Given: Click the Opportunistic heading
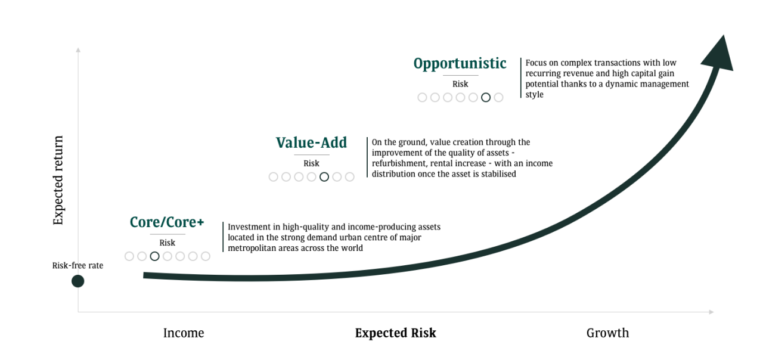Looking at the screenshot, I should pyautogui.click(x=460, y=64).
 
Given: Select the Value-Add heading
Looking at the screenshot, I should pyautogui.click(x=311, y=143).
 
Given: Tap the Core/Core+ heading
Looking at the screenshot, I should pyautogui.click(x=167, y=222).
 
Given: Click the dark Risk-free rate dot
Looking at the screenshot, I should pyautogui.click(x=78, y=281).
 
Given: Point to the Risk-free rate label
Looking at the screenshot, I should pyautogui.click(x=77, y=265).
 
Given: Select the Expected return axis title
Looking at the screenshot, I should pyautogui.click(x=58, y=181).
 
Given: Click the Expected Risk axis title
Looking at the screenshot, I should pyautogui.click(x=395, y=333).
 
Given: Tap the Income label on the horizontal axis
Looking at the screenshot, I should pyautogui.click(x=184, y=333).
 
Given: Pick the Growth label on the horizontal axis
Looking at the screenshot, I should pyautogui.click(x=607, y=333).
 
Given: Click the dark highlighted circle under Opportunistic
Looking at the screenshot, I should pyautogui.click(x=486, y=97).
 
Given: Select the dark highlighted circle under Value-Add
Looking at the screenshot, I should pyautogui.click(x=324, y=177).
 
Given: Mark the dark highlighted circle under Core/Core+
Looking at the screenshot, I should pyautogui.click(x=155, y=256).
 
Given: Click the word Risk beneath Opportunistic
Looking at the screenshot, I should pyautogui.click(x=460, y=84).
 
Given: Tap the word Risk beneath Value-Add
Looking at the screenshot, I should pyautogui.click(x=311, y=163).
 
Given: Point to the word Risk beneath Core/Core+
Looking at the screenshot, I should pyautogui.click(x=168, y=243).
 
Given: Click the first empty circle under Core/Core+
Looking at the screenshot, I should pyautogui.click(x=129, y=256).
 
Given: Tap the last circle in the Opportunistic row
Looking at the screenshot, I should pyautogui.click(x=498, y=97).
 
